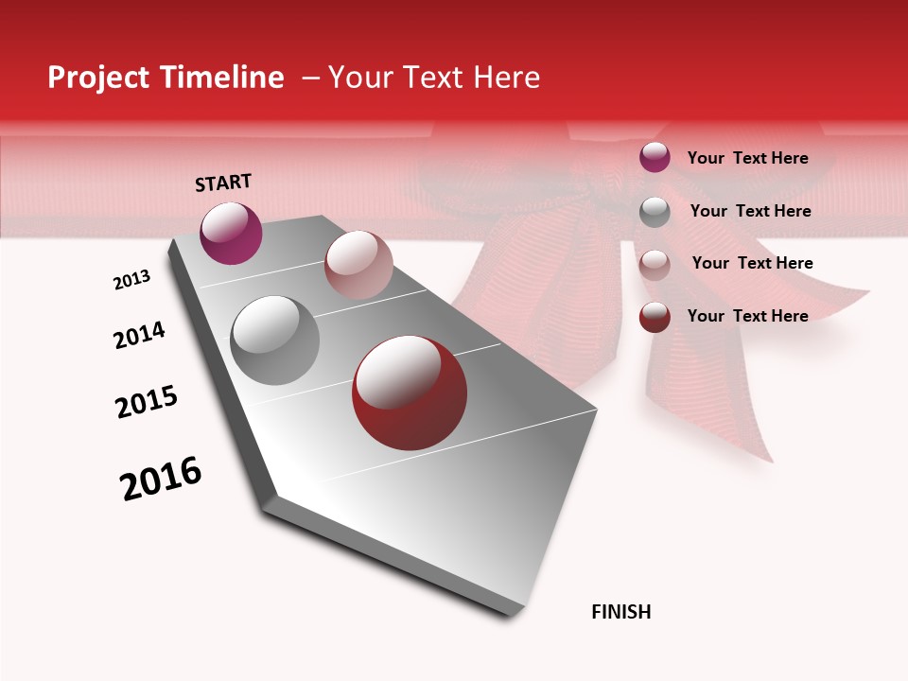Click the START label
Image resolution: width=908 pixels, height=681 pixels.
click(x=223, y=183)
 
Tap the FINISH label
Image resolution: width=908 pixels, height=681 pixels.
click(x=620, y=612)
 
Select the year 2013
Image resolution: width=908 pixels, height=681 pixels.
click(x=131, y=280)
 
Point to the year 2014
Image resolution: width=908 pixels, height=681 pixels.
click(x=139, y=336)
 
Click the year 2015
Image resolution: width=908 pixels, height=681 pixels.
click(x=147, y=402)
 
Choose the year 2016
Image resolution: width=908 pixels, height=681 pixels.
click(x=161, y=478)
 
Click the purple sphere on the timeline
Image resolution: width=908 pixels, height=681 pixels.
click(x=231, y=233)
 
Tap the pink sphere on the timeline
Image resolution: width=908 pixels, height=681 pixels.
click(x=358, y=265)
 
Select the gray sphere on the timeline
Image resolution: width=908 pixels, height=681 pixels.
click(x=274, y=340)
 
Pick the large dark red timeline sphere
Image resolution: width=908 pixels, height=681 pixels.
click(x=410, y=393)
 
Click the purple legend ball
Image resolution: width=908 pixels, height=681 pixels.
click(x=655, y=158)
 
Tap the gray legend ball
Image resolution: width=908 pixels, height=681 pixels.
click(x=655, y=212)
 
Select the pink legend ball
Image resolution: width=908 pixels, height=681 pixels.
click(x=655, y=264)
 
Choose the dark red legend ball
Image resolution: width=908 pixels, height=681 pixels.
click(x=655, y=317)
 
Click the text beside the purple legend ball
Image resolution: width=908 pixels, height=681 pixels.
click(x=747, y=159)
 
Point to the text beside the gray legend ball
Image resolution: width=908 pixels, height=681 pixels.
click(x=750, y=211)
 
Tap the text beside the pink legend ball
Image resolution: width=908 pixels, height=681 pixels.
click(x=752, y=263)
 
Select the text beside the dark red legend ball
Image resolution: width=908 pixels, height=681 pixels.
click(x=747, y=316)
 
